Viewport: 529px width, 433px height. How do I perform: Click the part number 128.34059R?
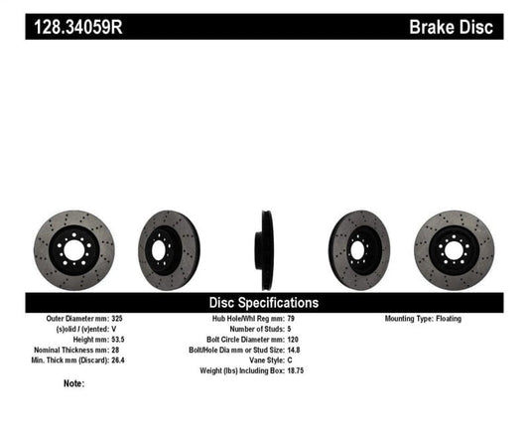click(73, 26)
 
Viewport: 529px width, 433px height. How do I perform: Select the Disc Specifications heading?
click(263, 302)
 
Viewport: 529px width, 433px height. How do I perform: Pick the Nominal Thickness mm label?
click(68, 350)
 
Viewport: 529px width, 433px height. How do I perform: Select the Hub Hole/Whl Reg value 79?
click(291, 319)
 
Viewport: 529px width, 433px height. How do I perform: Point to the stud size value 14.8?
click(295, 350)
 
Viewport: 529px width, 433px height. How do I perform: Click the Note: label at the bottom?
click(72, 383)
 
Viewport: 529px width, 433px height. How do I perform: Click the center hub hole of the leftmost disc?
click(73, 244)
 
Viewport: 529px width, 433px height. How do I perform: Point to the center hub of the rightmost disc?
click(454, 244)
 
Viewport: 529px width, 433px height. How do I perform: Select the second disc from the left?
click(168, 244)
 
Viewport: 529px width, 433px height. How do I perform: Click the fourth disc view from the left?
click(359, 244)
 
